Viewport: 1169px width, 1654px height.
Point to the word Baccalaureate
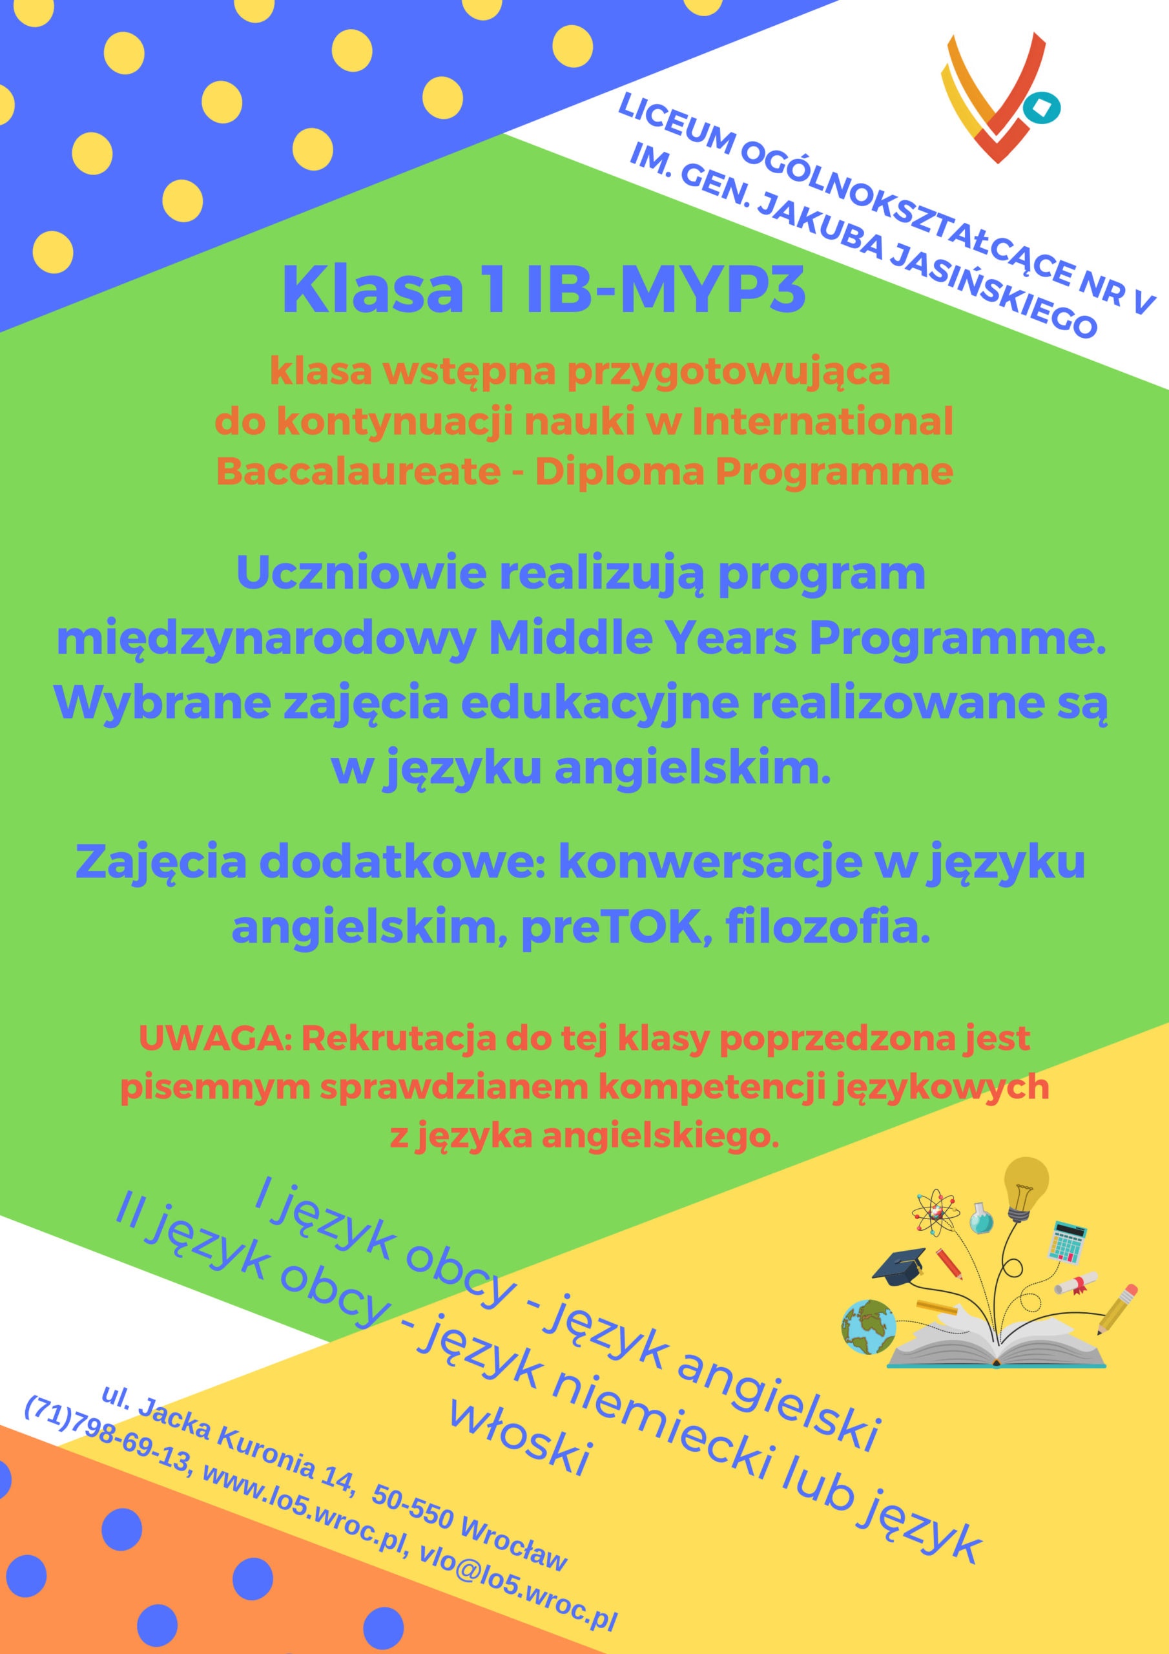click(358, 472)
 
